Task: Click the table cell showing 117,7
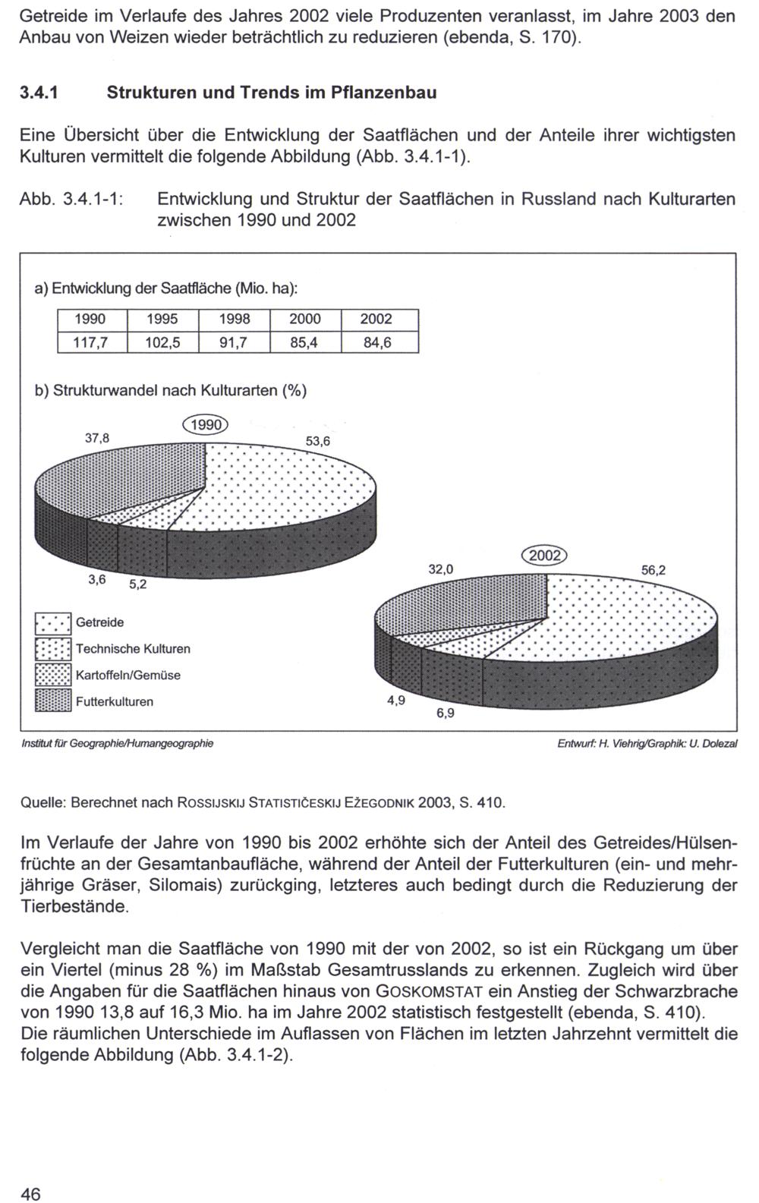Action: click(x=90, y=342)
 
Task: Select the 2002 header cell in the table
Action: click(x=377, y=320)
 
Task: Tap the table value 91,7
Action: click(x=233, y=342)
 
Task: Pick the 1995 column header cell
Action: click(x=162, y=320)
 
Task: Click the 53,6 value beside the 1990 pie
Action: click(x=319, y=441)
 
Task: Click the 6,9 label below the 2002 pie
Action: click(x=446, y=713)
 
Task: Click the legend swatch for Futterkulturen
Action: click(x=53, y=701)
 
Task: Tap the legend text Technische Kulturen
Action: click(x=133, y=649)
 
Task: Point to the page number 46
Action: click(x=30, y=1173)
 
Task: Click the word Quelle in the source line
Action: click(x=43, y=802)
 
